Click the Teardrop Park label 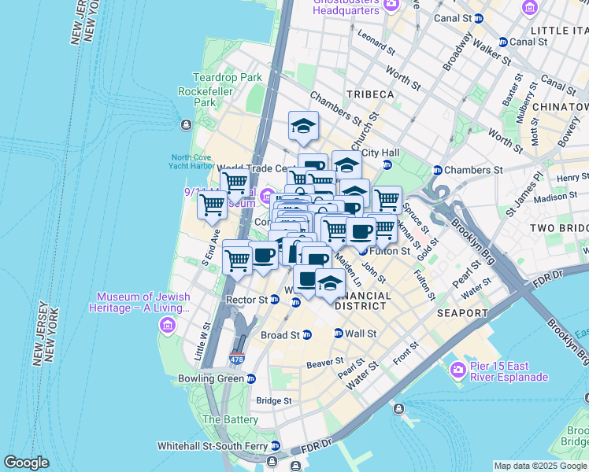click(x=228, y=78)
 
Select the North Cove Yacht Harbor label click(x=191, y=161)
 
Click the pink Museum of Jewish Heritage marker click(x=166, y=325)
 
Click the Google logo click(x=26, y=463)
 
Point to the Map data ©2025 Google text click(x=540, y=466)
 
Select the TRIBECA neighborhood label click(x=369, y=94)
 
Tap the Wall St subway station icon click(x=339, y=334)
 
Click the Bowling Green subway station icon click(x=250, y=378)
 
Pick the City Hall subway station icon click(x=387, y=164)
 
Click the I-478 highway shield click(x=236, y=359)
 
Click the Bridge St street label click(x=273, y=400)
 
